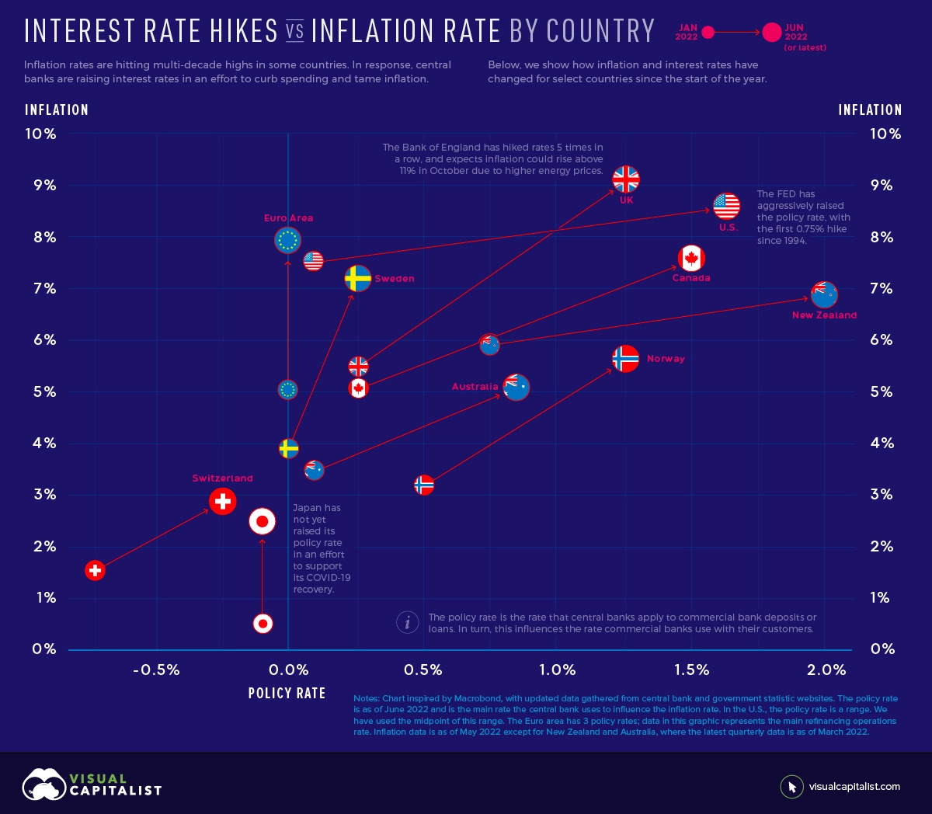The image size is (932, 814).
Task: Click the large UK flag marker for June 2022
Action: tap(625, 179)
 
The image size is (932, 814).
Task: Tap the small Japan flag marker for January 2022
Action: tap(263, 623)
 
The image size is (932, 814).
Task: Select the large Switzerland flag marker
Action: tap(223, 501)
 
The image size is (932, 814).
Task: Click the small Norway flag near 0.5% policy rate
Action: tap(423, 485)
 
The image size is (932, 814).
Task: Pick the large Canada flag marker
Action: tap(690, 258)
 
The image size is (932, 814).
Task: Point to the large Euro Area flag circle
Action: tap(287, 240)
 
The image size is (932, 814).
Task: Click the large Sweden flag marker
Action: tap(357, 278)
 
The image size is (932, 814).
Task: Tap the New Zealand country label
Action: tap(824, 315)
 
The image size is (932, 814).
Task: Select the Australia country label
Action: tap(475, 387)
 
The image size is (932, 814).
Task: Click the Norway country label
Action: tap(666, 359)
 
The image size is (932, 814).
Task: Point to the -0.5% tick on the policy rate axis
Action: tap(156, 670)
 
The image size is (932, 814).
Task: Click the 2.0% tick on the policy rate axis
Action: tap(826, 670)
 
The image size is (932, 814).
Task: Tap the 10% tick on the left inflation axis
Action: tap(40, 134)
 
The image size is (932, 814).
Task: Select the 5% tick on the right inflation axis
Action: tap(881, 391)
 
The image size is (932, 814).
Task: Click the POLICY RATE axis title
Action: tap(287, 693)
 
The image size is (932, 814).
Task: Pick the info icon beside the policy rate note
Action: tap(407, 622)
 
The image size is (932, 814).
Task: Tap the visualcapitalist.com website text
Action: tap(854, 787)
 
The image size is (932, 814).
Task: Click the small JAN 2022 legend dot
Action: tap(708, 33)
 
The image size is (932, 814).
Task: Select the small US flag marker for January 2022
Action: tap(313, 260)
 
